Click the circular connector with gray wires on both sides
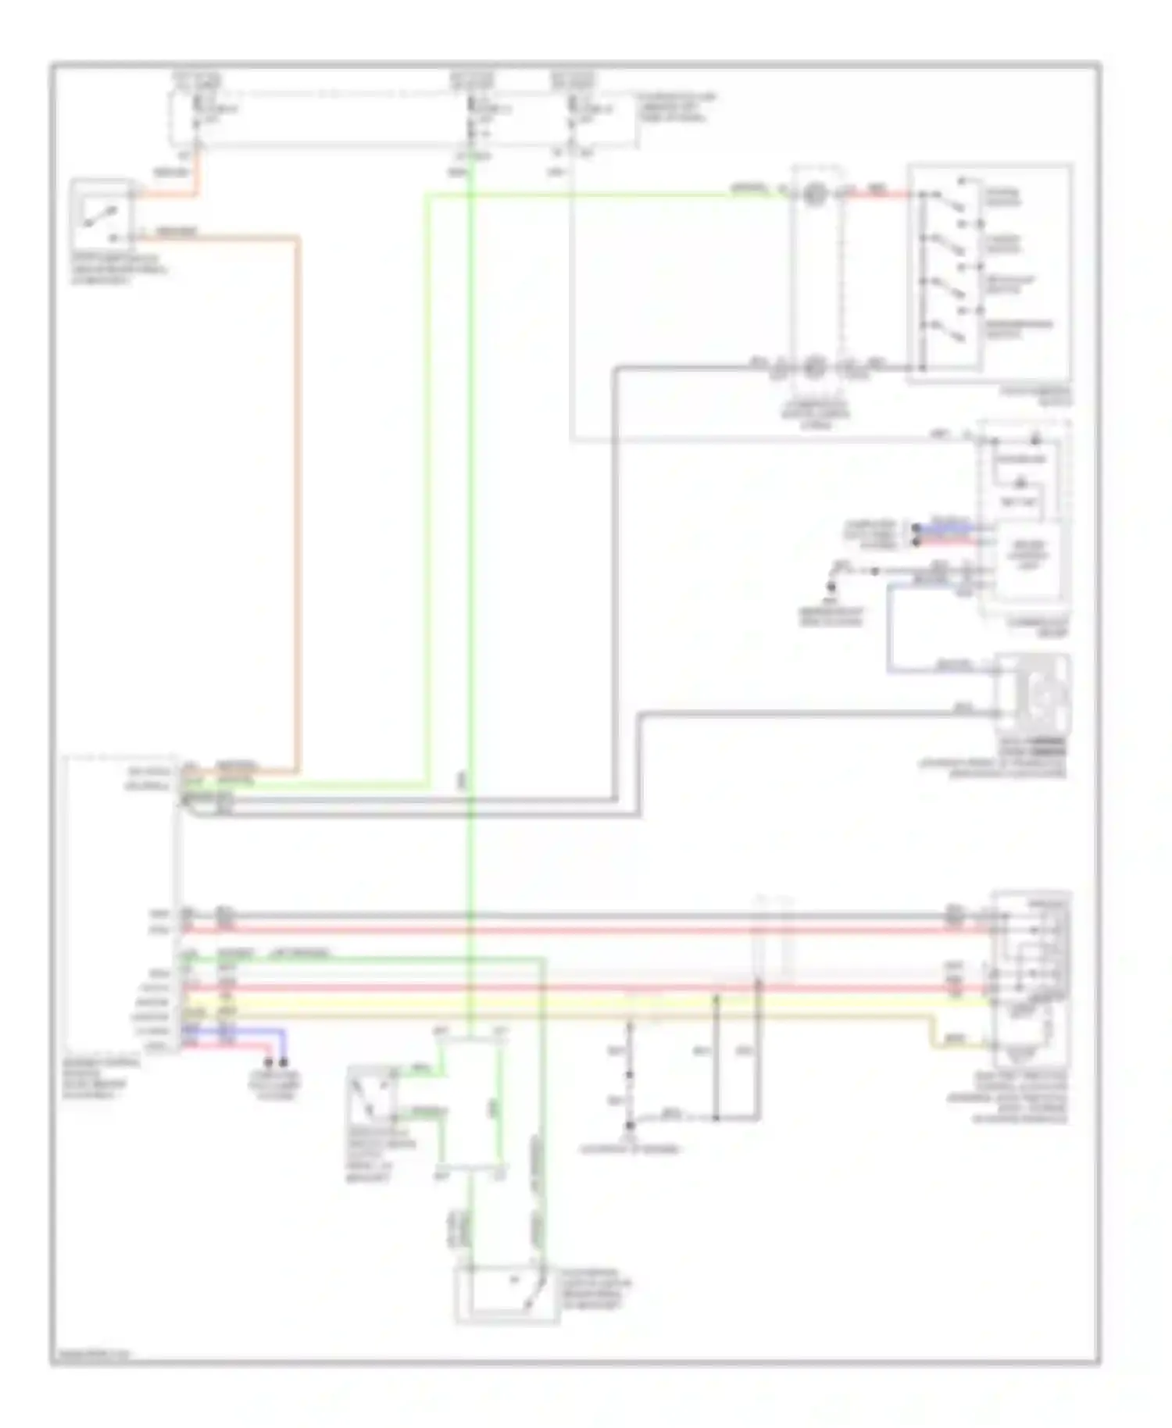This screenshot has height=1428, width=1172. pos(815,365)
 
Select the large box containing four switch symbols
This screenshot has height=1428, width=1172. pos(990,273)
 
